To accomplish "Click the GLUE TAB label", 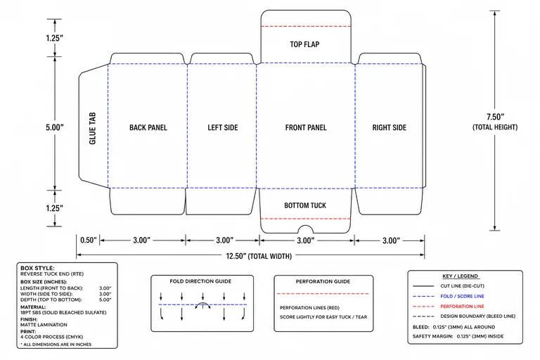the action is coord(92,128).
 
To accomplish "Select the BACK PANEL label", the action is coord(148,127).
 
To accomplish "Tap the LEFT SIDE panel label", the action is coord(222,127).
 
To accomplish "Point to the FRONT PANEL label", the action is coord(306,127).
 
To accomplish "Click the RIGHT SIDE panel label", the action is coord(389,127).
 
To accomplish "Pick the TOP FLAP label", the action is coord(304,44).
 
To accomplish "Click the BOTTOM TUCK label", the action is coord(305,205).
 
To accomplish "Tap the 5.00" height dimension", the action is coord(55,127).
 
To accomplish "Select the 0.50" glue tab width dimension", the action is coord(89,240).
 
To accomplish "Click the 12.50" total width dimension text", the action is coord(259,256).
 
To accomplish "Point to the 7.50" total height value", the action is coord(495,117).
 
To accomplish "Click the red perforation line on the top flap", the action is coord(306,26).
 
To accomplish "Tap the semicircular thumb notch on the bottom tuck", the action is coord(305,226).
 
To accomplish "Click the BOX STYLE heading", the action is coord(37,268).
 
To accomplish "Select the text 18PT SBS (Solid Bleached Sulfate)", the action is coord(63,312).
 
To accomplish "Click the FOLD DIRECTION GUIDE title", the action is coord(200,281).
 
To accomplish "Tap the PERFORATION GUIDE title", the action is coord(323,281).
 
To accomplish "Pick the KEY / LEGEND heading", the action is coord(461,276).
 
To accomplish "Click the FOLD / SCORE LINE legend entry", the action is coord(462,296).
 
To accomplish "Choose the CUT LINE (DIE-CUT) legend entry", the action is coord(462,286).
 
